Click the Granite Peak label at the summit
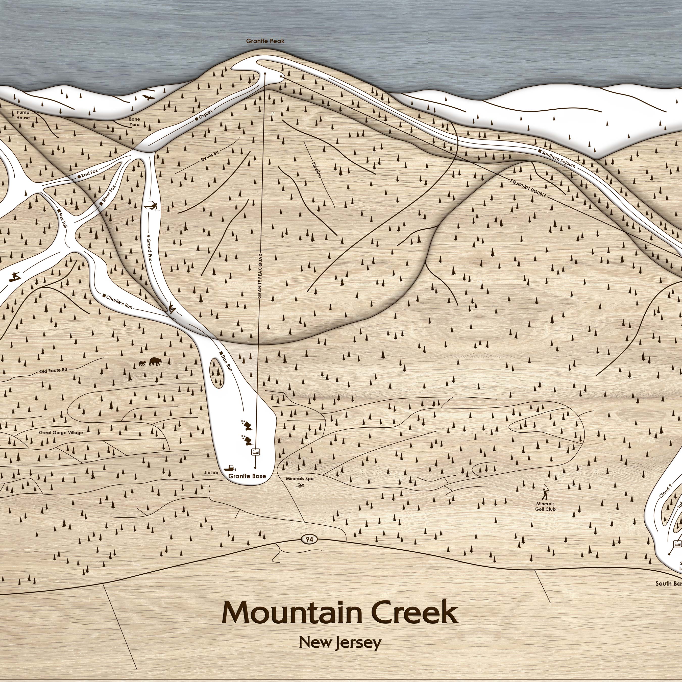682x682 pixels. pos(265,41)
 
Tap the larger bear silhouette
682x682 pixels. pos(155,361)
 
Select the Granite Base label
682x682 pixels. pos(247,476)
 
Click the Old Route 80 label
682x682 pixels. pos(53,370)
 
